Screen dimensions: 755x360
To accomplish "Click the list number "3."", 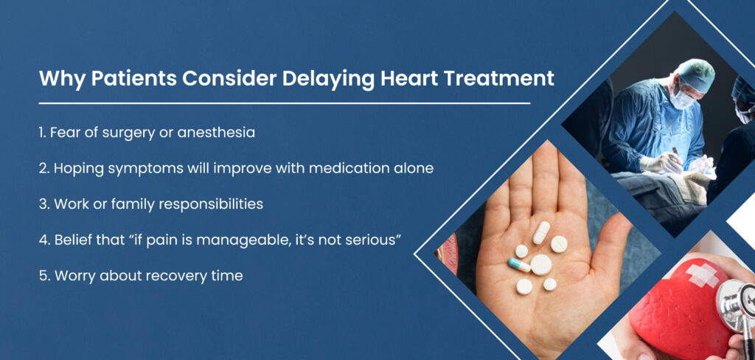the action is [44, 204].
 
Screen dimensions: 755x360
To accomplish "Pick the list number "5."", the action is [44, 276].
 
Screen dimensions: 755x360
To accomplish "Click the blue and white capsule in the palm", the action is [519, 265].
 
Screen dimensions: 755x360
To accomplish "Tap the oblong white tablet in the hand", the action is [541, 233].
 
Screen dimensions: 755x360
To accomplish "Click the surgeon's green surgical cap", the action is [695, 75].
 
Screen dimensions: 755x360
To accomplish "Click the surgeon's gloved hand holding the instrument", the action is [661, 162].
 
